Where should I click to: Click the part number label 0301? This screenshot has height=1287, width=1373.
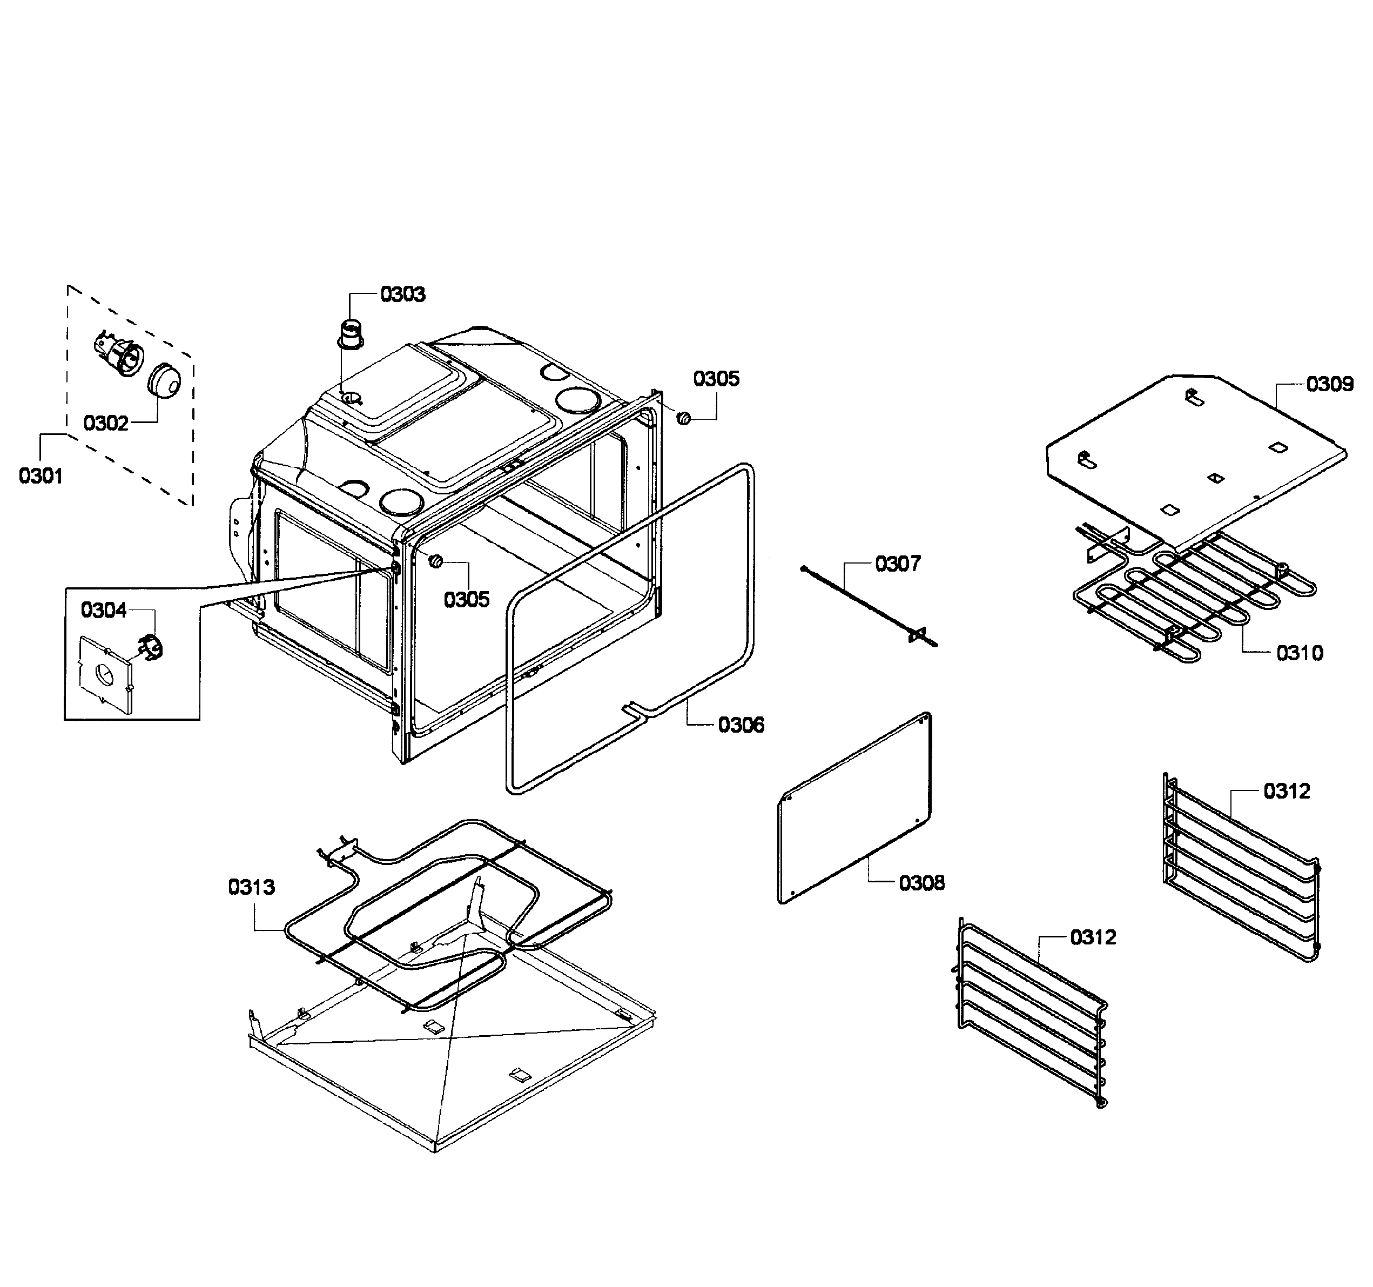coord(41,476)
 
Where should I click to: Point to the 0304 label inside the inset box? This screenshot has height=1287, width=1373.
coord(104,610)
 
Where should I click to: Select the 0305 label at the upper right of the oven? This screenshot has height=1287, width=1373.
coord(716,379)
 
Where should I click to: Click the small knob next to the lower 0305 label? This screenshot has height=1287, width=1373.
coord(436,561)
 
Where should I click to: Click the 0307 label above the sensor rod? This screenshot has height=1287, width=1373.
coord(898,564)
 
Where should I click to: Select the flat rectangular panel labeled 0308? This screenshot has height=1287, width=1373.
coord(855,808)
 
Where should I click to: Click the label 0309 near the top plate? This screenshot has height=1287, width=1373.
coord(1329,384)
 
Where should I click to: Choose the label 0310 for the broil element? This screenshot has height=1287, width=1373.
coord(1300,653)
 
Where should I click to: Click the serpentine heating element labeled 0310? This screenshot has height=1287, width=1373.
coord(1188,594)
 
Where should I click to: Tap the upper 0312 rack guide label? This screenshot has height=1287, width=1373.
coord(1287,791)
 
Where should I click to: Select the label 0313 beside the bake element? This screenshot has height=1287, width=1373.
coord(251,887)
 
